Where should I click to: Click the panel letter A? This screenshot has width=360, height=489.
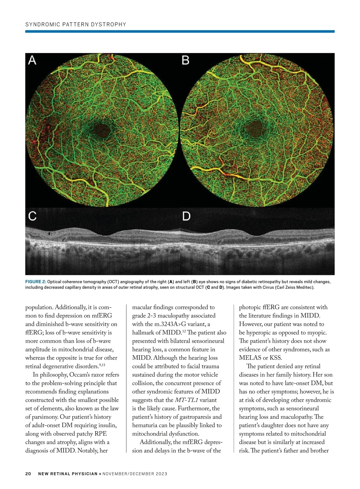(x=32, y=60)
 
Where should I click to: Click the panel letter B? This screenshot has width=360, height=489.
(x=186, y=60)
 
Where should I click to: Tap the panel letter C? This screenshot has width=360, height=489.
(x=32, y=216)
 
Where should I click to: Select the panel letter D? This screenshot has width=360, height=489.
(x=186, y=216)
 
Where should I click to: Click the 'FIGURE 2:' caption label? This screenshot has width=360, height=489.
(x=36, y=282)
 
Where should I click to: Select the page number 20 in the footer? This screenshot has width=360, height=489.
(x=28, y=474)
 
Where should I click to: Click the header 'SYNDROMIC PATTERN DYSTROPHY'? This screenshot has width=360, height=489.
(x=76, y=25)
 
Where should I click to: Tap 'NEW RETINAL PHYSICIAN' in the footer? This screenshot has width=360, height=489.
(x=68, y=474)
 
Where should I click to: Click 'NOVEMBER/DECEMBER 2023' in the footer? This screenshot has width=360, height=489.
(x=135, y=474)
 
